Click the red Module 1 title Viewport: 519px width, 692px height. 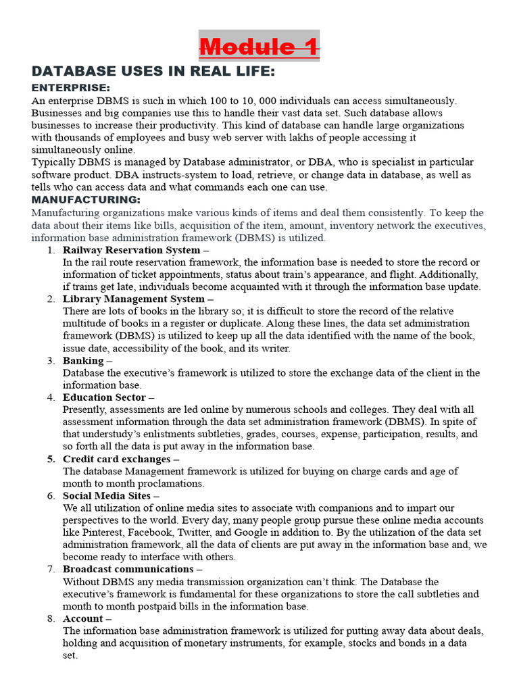(x=259, y=47)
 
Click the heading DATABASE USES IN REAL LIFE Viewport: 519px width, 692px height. (x=153, y=72)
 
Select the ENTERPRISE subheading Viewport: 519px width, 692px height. (x=71, y=88)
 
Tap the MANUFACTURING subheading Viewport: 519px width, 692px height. (x=86, y=199)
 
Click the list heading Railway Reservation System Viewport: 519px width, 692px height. (x=131, y=250)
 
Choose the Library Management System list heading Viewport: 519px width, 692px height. (x=133, y=299)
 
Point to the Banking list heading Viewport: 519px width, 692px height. (x=83, y=360)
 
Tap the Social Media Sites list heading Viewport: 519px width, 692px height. (x=106, y=495)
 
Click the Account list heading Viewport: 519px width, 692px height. (x=83, y=618)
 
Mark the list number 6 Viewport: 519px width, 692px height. (x=51, y=495)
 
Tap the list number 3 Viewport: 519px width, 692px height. (x=51, y=360)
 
